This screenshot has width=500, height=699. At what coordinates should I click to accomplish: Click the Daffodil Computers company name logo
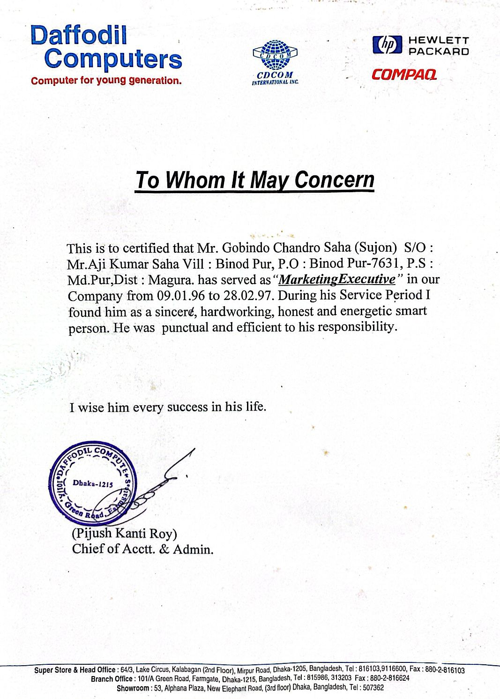click(x=106, y=47)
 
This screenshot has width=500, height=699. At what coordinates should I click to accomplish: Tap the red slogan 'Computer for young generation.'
click(x=106, y=80)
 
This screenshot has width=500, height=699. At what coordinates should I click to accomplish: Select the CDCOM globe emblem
click(x=275, y=55)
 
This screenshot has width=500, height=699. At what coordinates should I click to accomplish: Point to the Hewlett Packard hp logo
click(x=387, y=45)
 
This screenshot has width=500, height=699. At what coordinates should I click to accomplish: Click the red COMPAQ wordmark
click(x=404, y=75)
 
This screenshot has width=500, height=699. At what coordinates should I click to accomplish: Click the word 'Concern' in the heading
click(x=334, y=180)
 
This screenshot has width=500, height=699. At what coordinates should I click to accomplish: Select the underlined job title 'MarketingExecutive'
click(x=337, y=279)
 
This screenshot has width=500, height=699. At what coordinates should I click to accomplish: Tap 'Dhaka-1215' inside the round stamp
click(x=93, y=483)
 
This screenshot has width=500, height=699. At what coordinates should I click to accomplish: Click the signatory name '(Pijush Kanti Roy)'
click(x=124, y=534)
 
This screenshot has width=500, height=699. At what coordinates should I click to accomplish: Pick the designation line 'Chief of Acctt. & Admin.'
click(x=142, y=549)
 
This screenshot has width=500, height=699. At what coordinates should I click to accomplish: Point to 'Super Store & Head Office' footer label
click(x=75, y=670)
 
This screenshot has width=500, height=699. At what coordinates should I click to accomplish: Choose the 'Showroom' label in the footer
click(x=133, y=688)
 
